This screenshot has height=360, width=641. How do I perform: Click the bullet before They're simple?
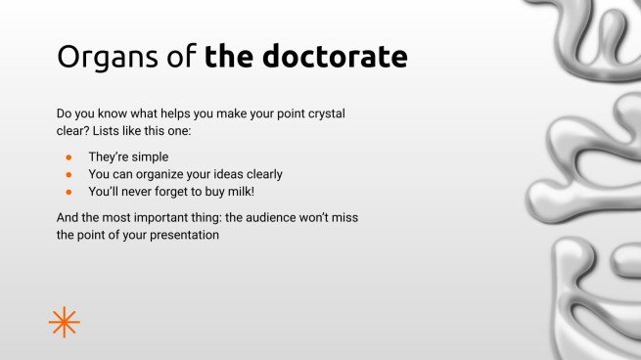pos(69,157)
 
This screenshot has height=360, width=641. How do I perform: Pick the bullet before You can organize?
pos(69,174)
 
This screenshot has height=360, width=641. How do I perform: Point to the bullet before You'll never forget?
pos(69,192)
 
